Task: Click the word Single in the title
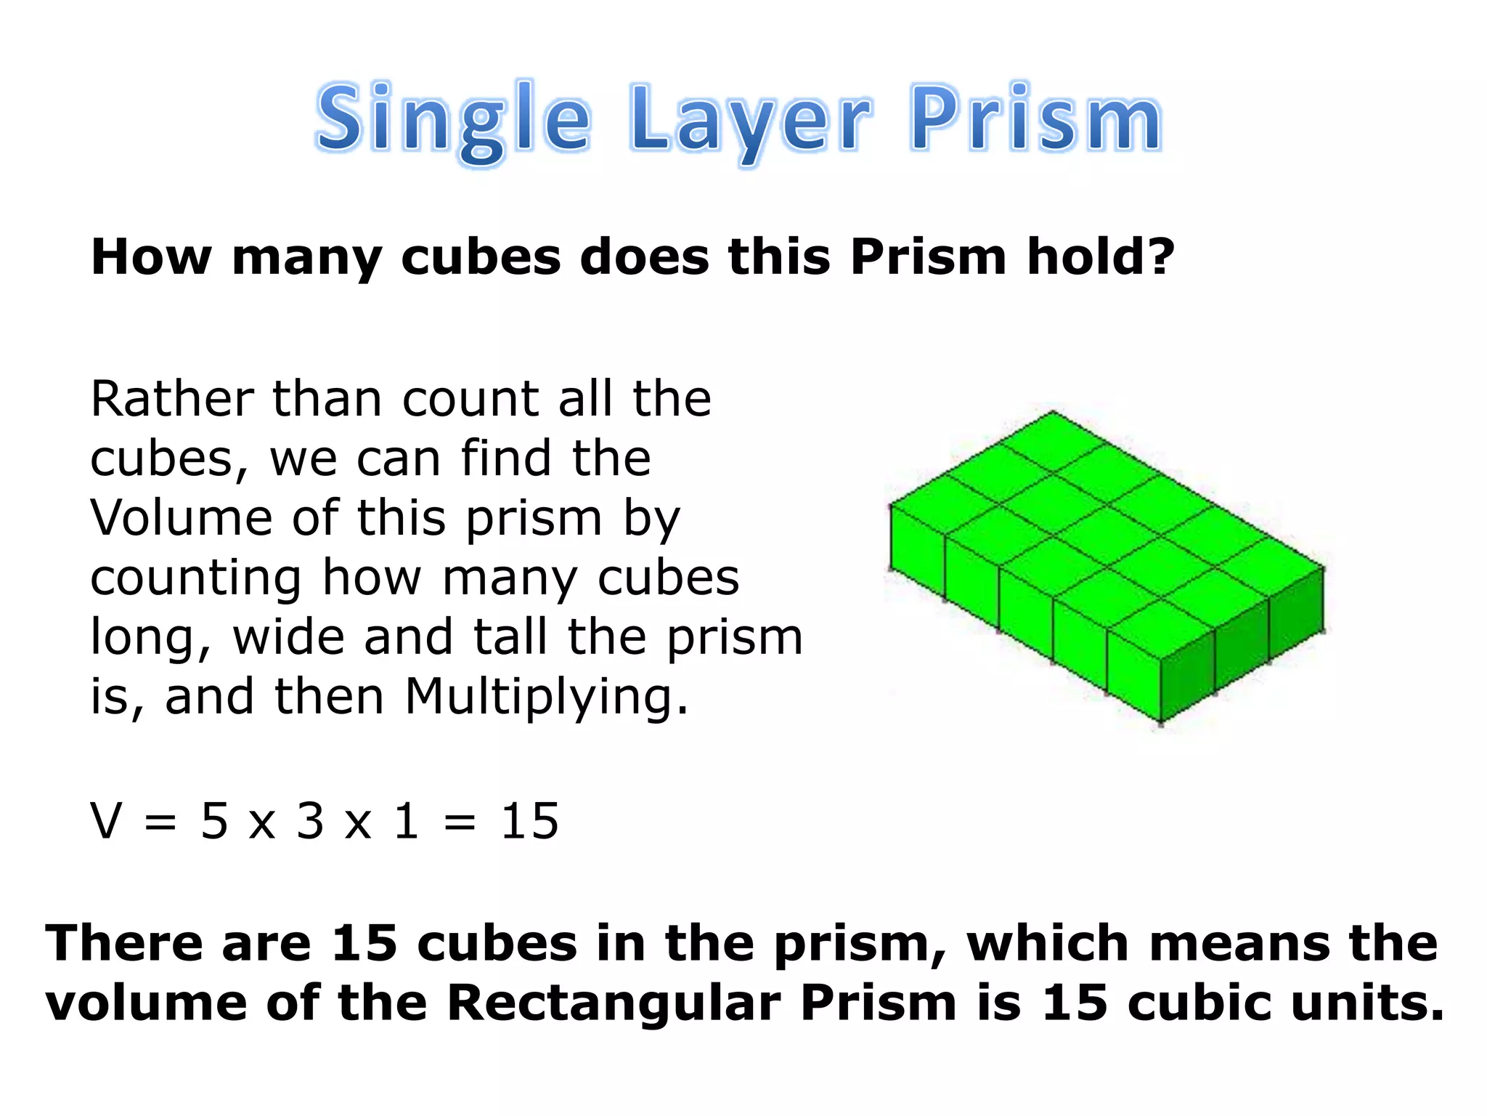click(x=453, y=120)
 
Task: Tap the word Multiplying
click(x=545, y=697)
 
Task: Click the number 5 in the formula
click(x=214, y=822)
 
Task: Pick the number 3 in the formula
click(x=310, y=822)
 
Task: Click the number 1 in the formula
click(x=407, y=822)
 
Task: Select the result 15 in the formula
click(x=530, y=822)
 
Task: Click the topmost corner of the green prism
click(x=1054, y=412)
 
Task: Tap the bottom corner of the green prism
click(x=1161, y=722)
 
